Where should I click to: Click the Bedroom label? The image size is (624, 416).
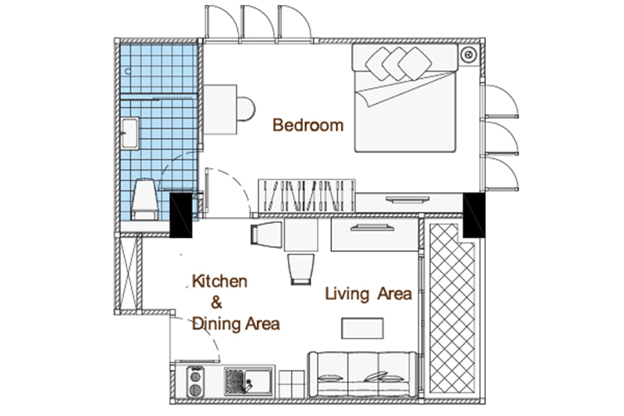tap(308, 126)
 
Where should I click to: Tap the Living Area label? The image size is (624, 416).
tap(369, 295)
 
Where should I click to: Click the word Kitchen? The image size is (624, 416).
tap(220, 281)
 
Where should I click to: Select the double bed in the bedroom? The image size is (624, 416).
tap(405, 98)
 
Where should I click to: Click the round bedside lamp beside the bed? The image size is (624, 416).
tap(468, 54)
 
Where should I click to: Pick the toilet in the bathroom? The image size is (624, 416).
tap(145, 200)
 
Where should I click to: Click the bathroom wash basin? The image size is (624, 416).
tap(130, 133)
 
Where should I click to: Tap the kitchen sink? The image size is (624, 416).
tap(248, 382)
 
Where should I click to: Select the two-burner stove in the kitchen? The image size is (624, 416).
tap(195, 382)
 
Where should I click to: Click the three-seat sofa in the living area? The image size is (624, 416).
tap(363, 374)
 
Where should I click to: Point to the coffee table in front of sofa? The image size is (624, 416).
tap(363, 329)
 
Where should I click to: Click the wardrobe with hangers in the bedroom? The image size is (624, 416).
tap(306, 196)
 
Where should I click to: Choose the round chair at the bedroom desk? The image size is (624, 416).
tap(246, 109)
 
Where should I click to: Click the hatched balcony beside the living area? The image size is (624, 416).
tap(451, 309)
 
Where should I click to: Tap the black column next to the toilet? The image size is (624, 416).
tap(181, 215)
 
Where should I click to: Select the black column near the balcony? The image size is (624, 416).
tap(474, 215)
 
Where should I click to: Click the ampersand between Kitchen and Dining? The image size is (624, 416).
tap(216, 303)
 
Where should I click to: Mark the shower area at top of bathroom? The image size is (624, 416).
tap(159, 68)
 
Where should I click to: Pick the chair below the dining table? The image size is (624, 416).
tap(301, 270)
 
